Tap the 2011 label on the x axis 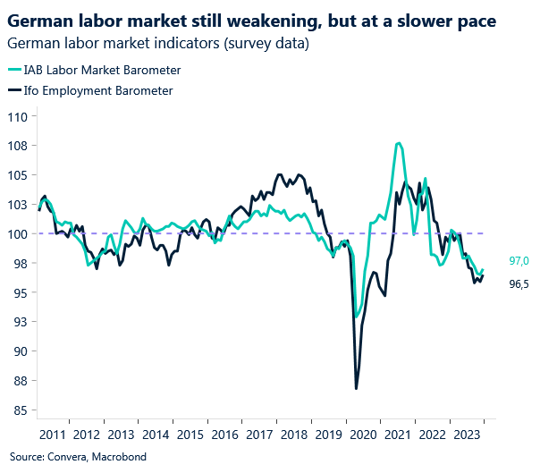tap(53, 435)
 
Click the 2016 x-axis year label tap(225, 435)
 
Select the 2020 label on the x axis tap(362, 435)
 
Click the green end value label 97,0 tap(519, 261)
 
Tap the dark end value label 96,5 tap(519, 283)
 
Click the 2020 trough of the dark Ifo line tap(356, 388)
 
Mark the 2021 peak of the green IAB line tap(399, 143)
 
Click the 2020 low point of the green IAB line tap(357, 317)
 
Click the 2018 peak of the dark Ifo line tap(281, 174)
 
